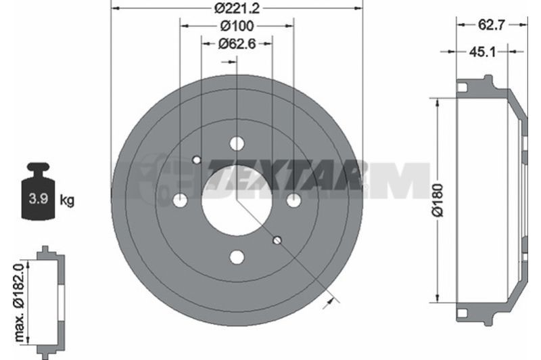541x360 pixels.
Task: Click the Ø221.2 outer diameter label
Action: (237, 8)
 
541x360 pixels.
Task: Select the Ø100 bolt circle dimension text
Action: (237, 26)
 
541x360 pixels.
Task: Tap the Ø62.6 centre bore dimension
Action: (237, 44)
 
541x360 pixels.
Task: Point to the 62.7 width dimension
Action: (492, 25)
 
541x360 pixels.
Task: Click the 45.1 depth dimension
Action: (482, 52)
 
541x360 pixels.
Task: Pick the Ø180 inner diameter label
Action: (438, 200)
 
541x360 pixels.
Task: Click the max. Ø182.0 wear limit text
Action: (20, 302)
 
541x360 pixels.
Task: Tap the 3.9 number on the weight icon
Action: (38, 199)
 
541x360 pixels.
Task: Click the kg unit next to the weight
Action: (67, 200)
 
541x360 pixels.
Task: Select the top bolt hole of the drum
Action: (237, 143)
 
